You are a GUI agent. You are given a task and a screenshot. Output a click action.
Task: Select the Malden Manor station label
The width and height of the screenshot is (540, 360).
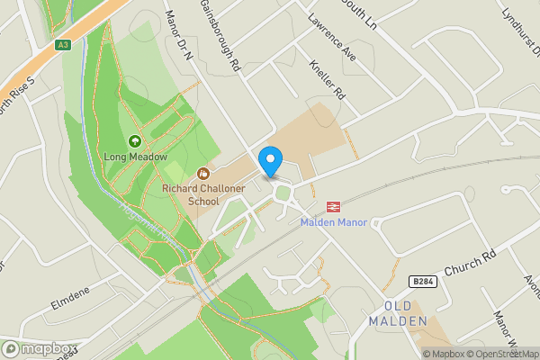(x=333, y=222)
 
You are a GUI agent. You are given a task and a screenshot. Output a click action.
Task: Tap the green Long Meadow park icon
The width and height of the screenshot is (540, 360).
(x=135, y=141)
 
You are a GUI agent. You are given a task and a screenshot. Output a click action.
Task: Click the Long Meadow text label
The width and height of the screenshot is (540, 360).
(x=136, y=157)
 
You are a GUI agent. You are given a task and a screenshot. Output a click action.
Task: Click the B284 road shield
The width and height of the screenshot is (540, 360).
(x=423, y=282)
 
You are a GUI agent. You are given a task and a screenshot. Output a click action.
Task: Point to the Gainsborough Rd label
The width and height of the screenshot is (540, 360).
(x=220, y=36)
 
